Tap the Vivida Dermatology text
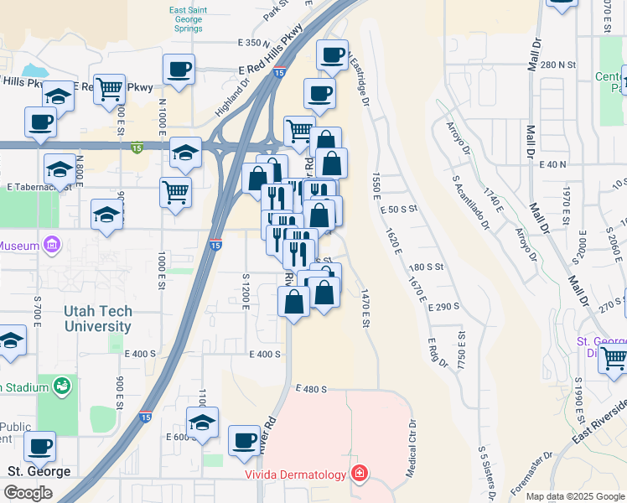(295, 475)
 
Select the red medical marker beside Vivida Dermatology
(359, 475)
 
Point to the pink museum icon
(52, 245)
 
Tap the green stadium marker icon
(60, 386)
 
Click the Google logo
(28, 492)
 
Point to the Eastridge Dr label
(360, 80)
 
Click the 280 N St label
(559, 65)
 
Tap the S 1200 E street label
(246, 290)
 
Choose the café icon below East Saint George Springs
(179, 69)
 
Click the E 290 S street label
(443, 307)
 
